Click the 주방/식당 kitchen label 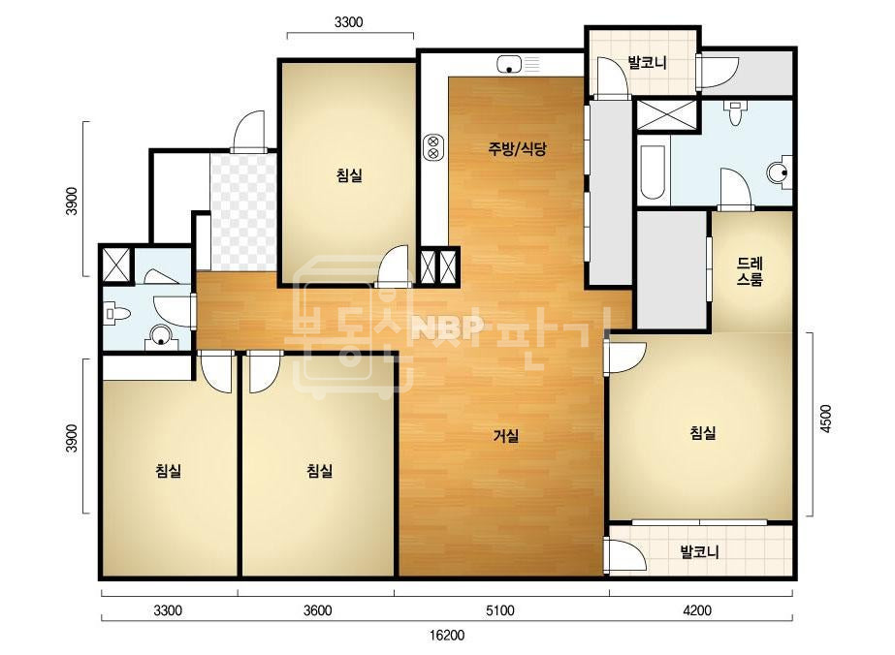517,149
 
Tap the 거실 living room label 506,436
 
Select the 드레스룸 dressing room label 750,271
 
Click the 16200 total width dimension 447,635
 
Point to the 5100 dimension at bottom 500,610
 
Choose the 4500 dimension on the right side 825,419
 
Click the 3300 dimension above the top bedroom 348,22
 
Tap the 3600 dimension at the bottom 317,610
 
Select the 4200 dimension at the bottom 697,610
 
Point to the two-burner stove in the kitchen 433,147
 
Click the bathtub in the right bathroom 653,172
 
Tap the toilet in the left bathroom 118,314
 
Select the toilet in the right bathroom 735,113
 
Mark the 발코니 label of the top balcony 647,62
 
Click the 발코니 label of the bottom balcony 700,551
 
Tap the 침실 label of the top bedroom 349,174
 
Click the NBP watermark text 448,327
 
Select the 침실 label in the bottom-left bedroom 169,471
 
